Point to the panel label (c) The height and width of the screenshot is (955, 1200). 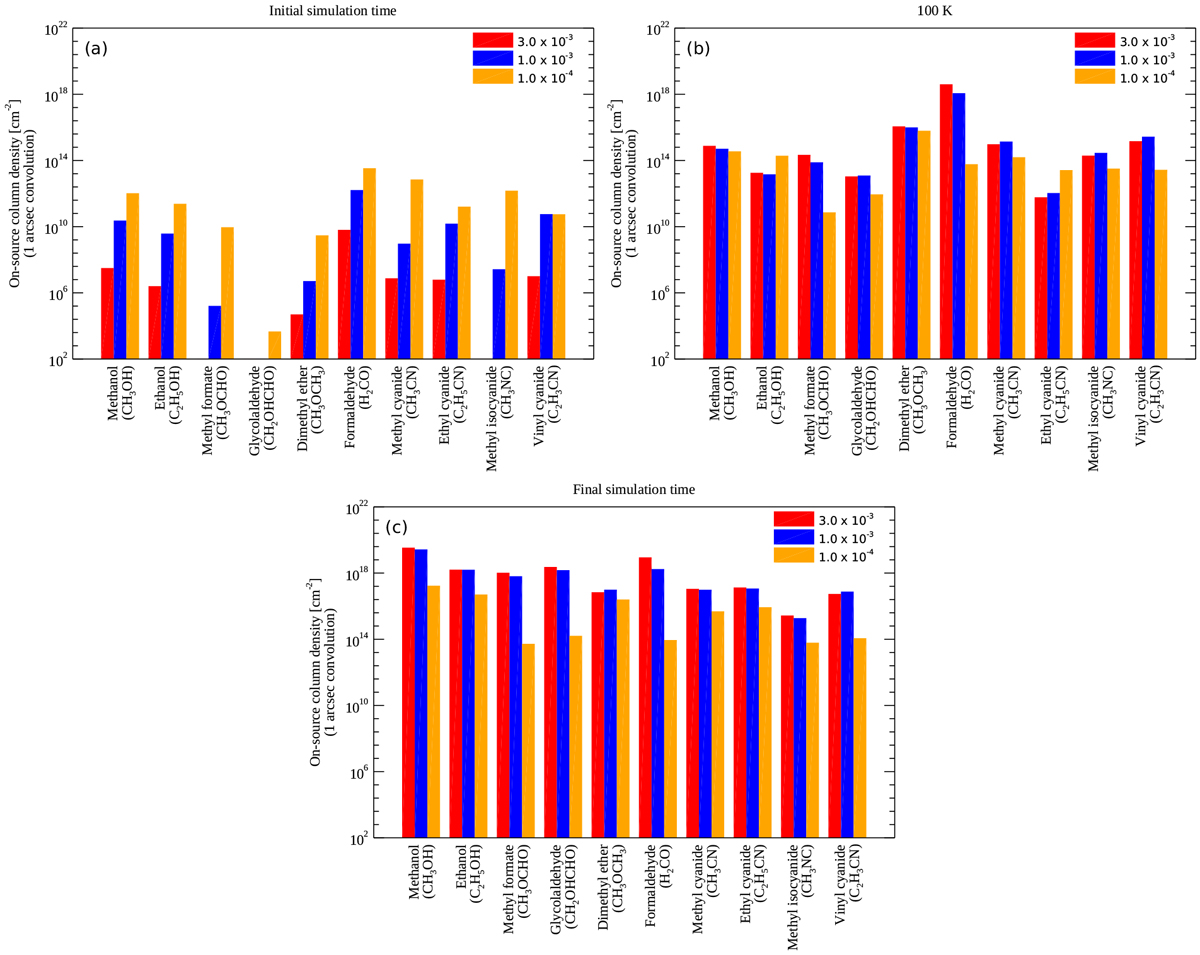(x=397, y=527)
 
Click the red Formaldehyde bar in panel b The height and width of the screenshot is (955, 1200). (x=946, y=221)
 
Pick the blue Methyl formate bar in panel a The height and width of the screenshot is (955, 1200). (x=215, y=332)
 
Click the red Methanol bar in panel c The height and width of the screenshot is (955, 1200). (x=408, y=692)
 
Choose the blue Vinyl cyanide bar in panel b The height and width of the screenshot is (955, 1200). (x=1148, y=247)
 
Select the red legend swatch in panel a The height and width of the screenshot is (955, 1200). (x=492, y=40)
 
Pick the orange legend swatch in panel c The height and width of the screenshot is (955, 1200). (x=793, y=554)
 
